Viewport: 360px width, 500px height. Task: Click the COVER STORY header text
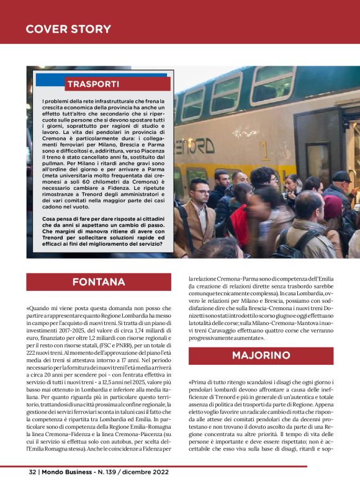coord(68,29)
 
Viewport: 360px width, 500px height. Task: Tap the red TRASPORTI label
coord(92,84)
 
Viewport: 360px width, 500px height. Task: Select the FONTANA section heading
coord(99,282)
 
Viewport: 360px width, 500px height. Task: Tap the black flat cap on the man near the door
coord(341,177)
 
